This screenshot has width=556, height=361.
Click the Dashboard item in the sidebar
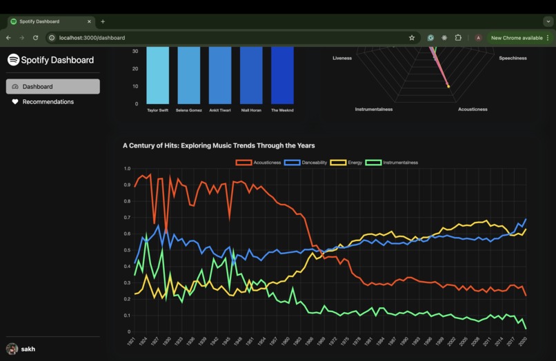coord(52,87)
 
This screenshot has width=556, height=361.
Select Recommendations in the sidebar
coord(48,102)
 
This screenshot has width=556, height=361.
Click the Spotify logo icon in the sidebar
coord(13,60)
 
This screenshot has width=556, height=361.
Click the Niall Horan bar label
coord(251,110)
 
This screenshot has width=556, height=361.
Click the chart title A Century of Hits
coord(219,145)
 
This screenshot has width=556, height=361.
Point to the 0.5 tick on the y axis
coord(126,250)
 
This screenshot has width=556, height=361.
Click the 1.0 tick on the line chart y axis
coord(126,169)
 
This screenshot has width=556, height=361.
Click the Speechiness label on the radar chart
coord(513,59)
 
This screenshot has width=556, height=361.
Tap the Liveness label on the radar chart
coord(342,59)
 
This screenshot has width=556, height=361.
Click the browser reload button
coord(35,37)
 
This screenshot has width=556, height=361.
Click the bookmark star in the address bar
coord(412,37)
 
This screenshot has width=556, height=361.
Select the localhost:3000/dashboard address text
coord(92,37)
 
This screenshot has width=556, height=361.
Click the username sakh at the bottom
coord(28,349)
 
